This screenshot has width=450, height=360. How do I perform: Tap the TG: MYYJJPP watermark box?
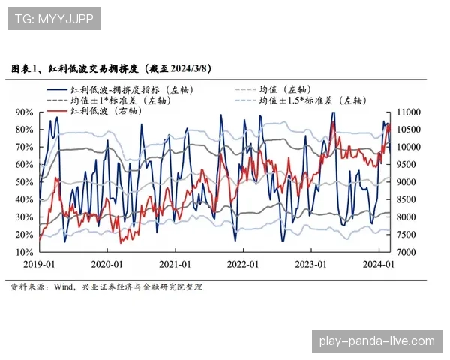click(x=53, y=18)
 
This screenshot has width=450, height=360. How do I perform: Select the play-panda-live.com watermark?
click(x=376, y=341)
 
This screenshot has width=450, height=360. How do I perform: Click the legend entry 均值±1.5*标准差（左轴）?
click(x=310, y=99)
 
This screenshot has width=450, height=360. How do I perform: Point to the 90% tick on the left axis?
click(x=23, y=112)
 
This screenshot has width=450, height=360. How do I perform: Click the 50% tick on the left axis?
click(x=23, y=182)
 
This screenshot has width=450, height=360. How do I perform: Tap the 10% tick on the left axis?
click(x=23, y=252)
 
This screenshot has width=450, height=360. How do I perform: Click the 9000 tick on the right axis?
click(x=409, y=182)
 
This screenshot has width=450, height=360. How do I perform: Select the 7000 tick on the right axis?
click(x=409, y=252)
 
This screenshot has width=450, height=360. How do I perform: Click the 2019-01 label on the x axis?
click(x=39, y=265)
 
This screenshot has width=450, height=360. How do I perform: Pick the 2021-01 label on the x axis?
click(x=175, y=265)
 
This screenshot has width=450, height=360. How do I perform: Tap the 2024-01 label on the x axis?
click(x=379, y=265)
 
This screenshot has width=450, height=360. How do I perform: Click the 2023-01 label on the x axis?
click(x=310, y=265)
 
